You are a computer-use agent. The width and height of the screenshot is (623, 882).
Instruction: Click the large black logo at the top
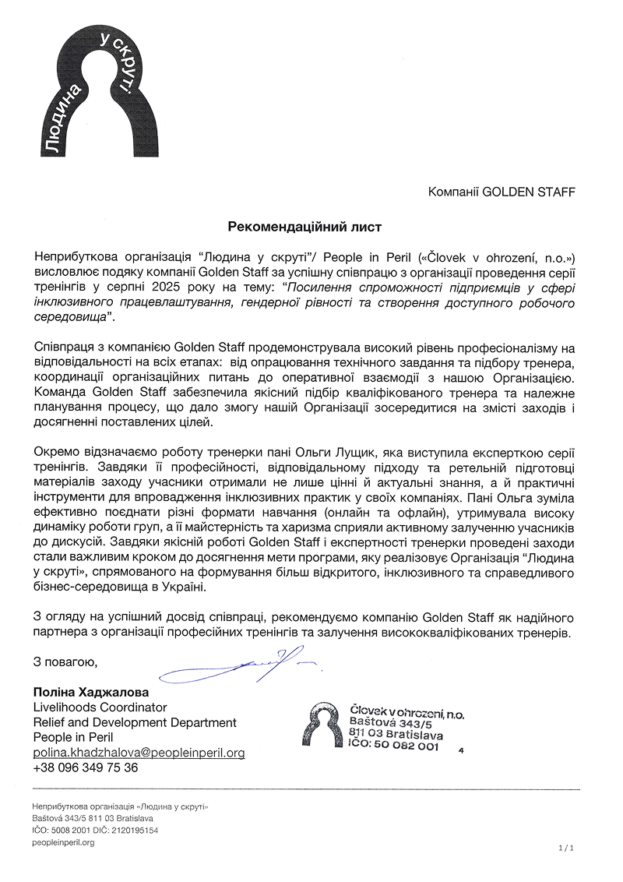click(x=100, y=90)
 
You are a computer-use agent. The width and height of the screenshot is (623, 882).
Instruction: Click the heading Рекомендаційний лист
click(x=305, y=227)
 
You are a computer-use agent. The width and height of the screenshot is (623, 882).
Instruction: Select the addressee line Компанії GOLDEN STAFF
click(x=502, y=192)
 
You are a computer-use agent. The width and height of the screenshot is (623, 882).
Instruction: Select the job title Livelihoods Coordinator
click(x=100, y=707)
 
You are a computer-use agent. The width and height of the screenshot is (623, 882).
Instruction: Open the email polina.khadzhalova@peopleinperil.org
click(x=139, y=753)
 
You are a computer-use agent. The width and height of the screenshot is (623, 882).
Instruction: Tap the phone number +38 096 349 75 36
click(x=85, y=767)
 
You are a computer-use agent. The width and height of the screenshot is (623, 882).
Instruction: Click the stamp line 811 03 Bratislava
click(x=396, y=735)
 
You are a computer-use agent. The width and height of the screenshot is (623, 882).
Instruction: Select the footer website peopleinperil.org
click(x=63, y=843)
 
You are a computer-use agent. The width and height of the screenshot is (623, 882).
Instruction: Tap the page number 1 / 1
click(x=566, y=847)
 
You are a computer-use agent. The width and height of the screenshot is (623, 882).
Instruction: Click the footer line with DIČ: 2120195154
click(x=95, y=831)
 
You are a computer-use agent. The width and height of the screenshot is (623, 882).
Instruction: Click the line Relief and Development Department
click(x=135, y=722)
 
